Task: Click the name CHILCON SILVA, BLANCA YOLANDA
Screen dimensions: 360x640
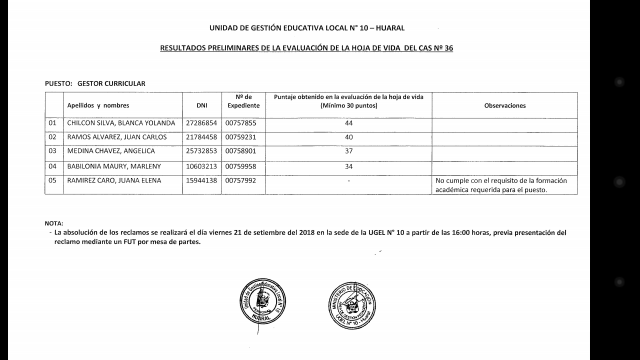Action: pos(121,123)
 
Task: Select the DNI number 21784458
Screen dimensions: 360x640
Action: pos(201,137)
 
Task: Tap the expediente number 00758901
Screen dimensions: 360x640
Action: pos(240,151)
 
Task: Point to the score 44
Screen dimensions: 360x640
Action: pos(348,123)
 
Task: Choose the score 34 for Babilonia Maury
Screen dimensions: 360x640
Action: pos(348,166)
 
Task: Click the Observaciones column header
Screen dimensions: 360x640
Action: pos(504,105)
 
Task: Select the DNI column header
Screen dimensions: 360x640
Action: pos(202,105)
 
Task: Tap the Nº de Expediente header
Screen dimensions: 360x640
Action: pos(243,101)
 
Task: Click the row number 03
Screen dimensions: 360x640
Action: pos(52,151)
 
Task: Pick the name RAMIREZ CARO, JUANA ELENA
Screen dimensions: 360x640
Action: pos(114,180)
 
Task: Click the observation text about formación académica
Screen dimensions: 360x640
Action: pos(501,185)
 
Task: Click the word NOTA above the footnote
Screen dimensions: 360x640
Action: pos(54,223)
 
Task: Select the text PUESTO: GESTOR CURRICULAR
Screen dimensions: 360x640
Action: pos(95,83)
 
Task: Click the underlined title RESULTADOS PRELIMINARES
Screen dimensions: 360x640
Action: pos(306,48)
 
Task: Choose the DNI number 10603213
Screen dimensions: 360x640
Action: pos(201,166)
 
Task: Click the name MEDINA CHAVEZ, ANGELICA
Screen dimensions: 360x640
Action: pos(111,151)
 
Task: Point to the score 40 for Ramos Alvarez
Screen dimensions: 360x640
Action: pos(348,137)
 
